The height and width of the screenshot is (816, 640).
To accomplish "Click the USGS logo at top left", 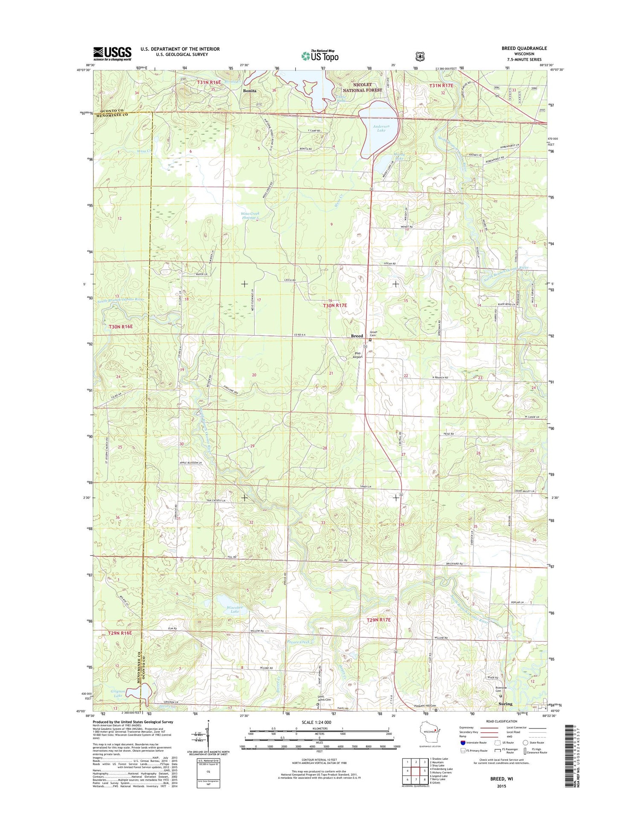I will tap(112, 54).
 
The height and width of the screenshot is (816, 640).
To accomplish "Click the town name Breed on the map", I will tap(357, 336).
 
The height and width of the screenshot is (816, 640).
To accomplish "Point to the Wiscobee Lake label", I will tap(235, 609).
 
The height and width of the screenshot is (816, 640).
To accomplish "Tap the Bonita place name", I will tap(250, 91).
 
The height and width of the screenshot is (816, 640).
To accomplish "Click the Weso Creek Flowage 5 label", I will tap(250, 216).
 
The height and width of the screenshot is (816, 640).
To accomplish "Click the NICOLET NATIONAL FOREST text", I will tap(362, 87).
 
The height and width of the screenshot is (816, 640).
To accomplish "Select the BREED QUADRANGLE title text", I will tap(524, 48).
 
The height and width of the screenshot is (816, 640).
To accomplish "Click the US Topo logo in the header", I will tap(320, 55).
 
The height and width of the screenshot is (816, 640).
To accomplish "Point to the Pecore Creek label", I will tap(299, 642).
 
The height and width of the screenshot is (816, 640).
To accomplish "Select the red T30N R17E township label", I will tap(335, 306).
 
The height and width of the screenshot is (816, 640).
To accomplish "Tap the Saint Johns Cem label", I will tap(324, 699).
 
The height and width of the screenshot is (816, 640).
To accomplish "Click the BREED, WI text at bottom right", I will tap(501, 778).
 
